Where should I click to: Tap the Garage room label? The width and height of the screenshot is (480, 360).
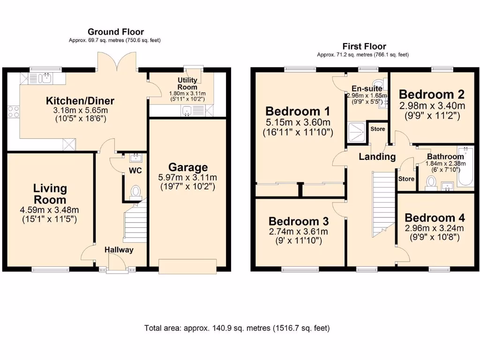pos(188,167)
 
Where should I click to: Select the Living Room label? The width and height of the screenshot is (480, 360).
pos(50,194)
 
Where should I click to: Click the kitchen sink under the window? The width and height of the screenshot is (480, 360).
pos(46,78)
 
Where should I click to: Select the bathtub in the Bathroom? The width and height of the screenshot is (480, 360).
pos(466,168)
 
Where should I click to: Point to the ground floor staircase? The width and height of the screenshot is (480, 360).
pos(134,223)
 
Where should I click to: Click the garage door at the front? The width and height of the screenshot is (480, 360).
pos(188,266)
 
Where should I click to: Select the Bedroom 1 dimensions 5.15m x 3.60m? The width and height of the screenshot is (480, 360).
pos(298,123)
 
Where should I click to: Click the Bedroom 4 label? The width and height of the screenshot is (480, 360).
pos(435,218)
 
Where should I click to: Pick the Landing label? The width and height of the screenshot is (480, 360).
pos(377,157)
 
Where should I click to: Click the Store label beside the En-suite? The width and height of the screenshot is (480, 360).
pos(377,129)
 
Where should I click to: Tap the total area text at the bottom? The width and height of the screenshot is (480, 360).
pos(237,328)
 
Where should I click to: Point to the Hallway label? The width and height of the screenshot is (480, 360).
pos(119,250)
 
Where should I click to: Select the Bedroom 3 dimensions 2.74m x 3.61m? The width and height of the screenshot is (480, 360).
pos(298,232)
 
